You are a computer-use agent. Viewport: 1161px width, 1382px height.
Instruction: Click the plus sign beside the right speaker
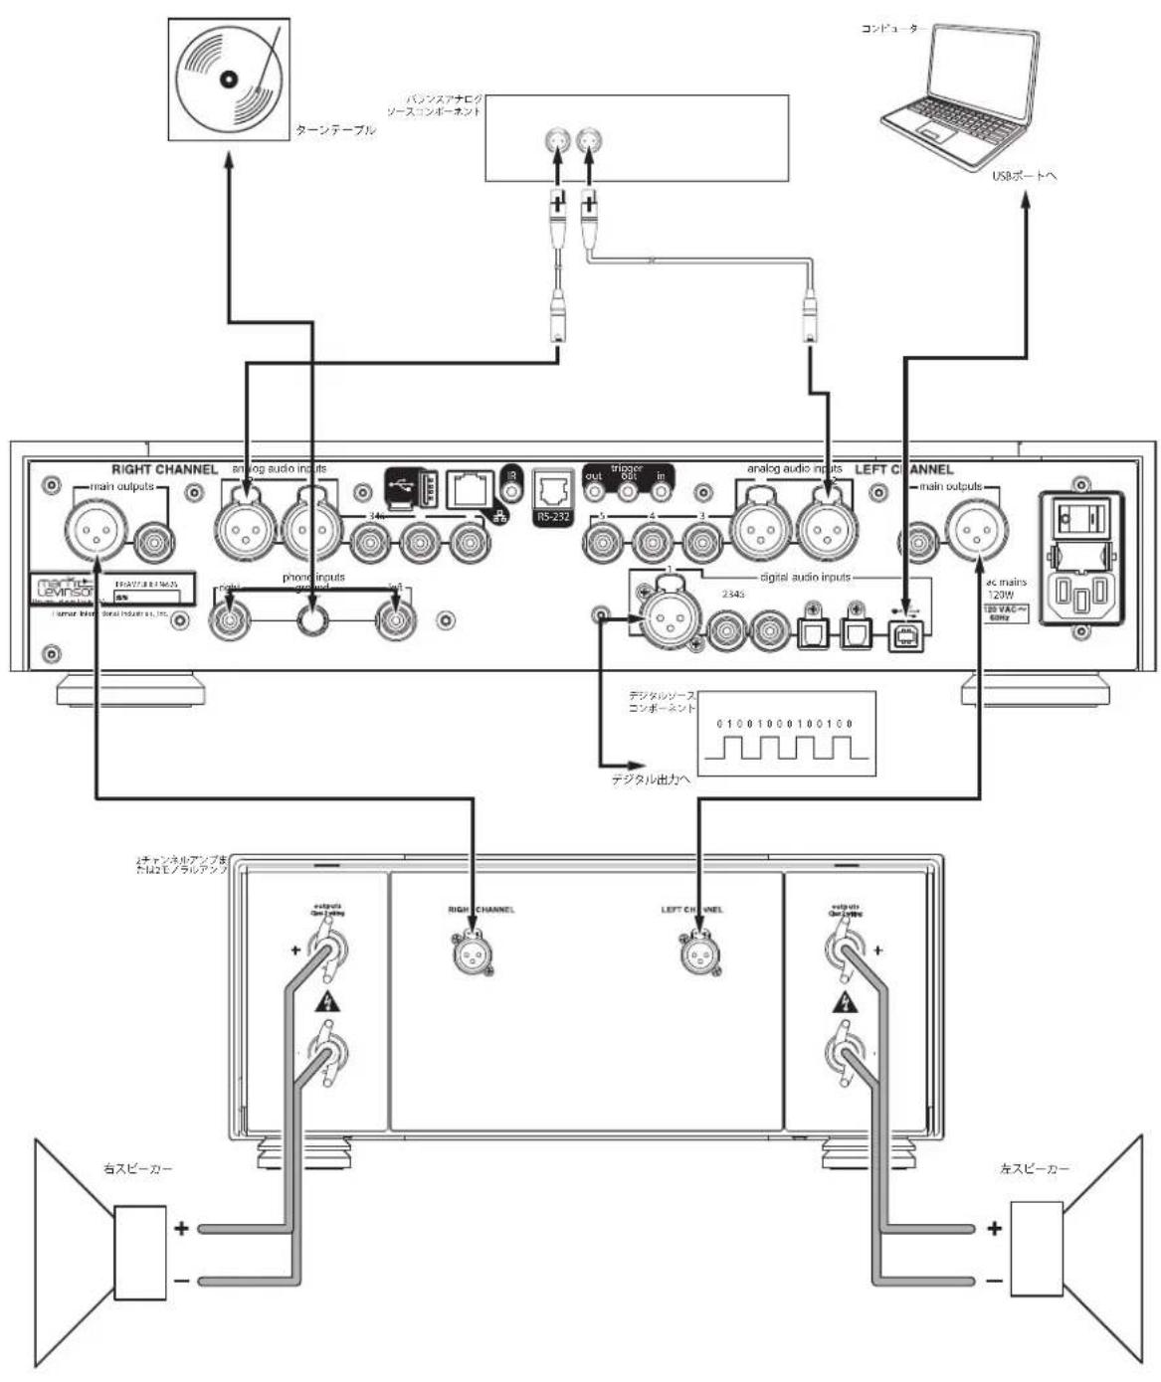click(181, 1229)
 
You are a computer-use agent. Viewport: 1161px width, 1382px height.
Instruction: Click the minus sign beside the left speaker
click(994, 1281)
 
